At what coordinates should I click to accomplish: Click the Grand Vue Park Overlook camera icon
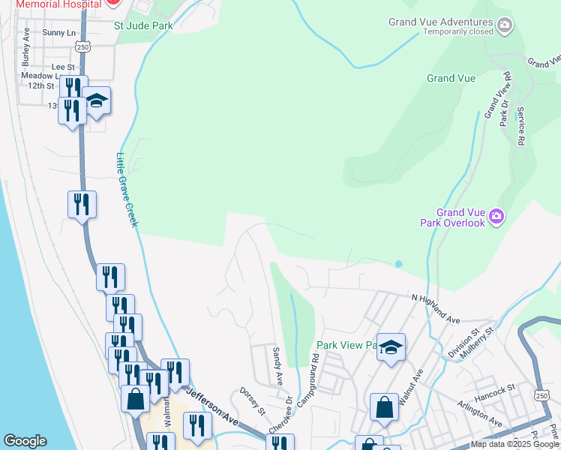click(x=496, y=217)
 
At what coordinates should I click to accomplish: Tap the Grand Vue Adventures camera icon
click(x=505, y=26)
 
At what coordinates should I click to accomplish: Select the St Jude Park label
click(x=143, y=25)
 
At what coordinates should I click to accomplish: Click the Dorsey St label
click(x=252, y=400)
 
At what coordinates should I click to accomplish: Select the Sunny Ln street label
click(x=59, y=32)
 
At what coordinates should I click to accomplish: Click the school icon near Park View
click(x=391, y=346)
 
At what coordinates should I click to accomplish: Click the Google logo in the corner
click(x=25, y=441)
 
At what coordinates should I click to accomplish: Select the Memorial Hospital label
click(x=51, y=4)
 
